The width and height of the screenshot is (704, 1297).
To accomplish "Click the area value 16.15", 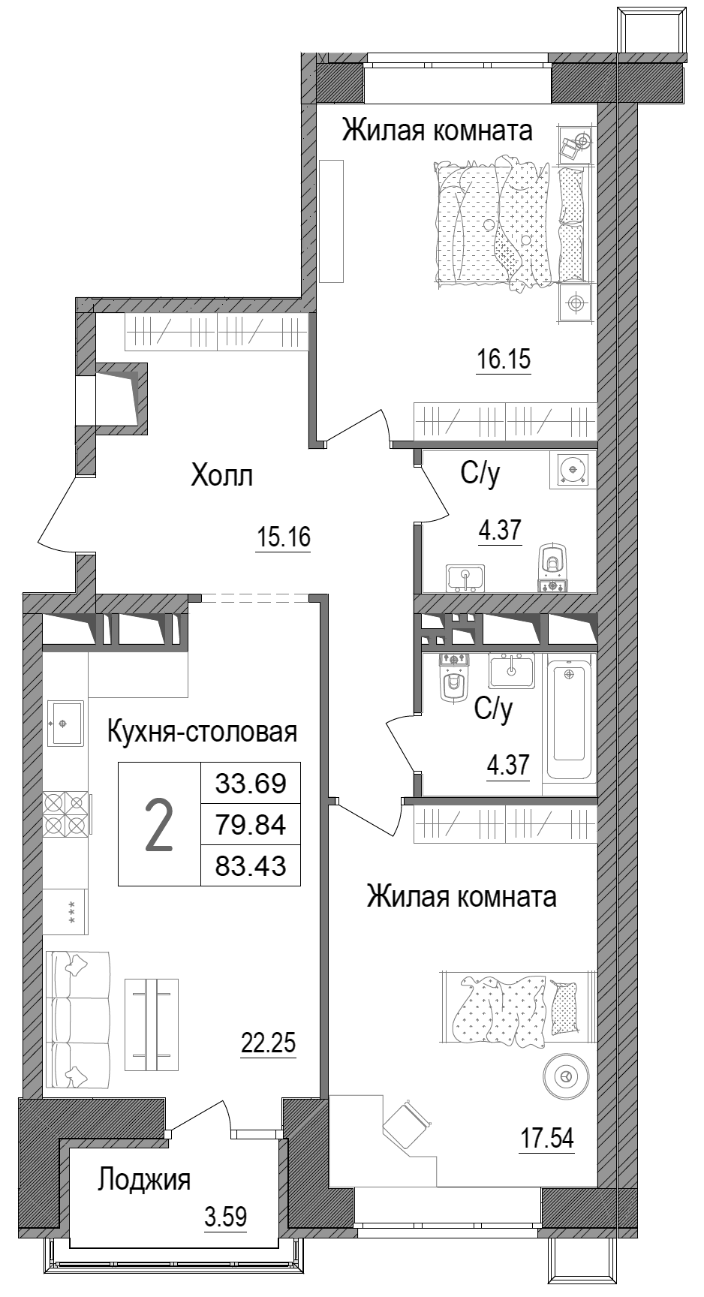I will (504, 360).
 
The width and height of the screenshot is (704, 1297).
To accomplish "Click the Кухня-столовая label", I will (203, 731).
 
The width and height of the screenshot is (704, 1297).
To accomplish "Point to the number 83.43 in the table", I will (251, 867).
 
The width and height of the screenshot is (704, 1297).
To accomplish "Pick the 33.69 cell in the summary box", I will (251, 784).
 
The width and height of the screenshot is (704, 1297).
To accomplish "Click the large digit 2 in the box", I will (159, 825).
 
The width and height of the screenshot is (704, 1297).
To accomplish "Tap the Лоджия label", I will (144, 1179).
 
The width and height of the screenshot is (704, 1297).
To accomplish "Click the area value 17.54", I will (547, 1139).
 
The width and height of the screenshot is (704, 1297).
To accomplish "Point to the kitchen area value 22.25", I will (269, 1043).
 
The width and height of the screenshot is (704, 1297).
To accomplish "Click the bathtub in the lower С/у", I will (571, 716).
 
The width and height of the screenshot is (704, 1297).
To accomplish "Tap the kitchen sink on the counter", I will (66, 723).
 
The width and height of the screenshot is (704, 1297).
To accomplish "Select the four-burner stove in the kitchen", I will (66, 814).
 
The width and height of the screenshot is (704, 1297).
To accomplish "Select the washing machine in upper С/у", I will (573, 470).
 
